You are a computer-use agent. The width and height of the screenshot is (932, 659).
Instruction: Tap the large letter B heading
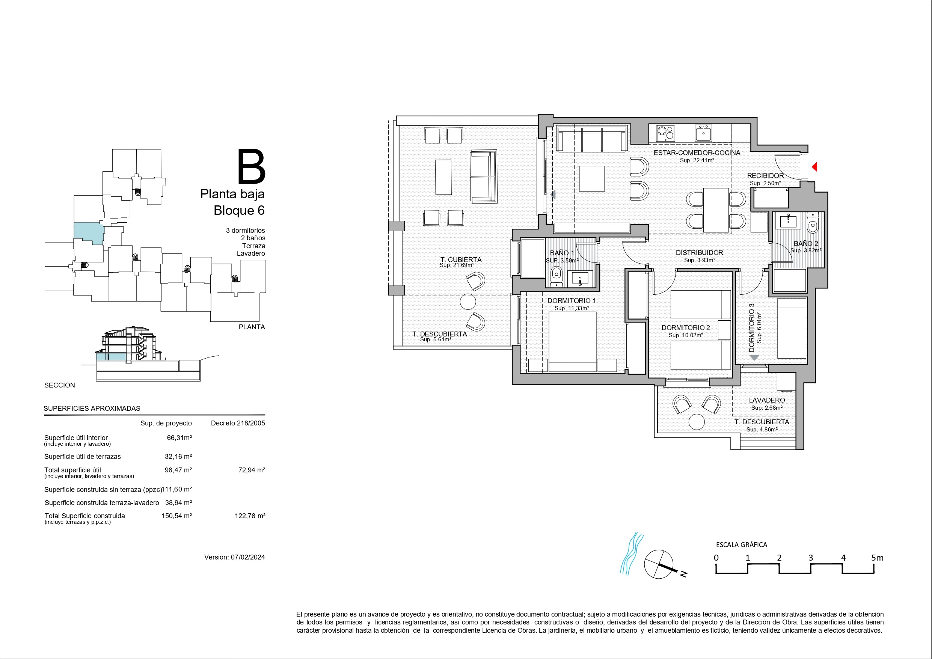(251, 166)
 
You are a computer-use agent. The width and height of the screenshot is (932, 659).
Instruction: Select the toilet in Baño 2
(812, 225)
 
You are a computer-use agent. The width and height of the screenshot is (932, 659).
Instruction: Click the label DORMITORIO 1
(572, 301)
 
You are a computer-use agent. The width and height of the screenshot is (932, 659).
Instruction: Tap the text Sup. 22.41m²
(697, 160)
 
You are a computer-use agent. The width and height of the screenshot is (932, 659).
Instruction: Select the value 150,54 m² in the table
(176, 516)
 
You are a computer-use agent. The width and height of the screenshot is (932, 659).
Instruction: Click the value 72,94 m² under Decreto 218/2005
(251, 470)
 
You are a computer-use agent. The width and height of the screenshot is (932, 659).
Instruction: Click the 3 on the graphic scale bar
(811, 558)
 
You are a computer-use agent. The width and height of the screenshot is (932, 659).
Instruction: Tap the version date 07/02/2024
(247, 558)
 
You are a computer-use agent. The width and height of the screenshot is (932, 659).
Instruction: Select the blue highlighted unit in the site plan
(89, 233)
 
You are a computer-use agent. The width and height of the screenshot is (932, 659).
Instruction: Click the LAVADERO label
(767, 400)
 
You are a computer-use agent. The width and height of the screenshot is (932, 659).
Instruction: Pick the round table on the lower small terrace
(697, 421)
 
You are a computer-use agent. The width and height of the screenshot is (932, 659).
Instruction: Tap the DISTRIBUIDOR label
(700, 253)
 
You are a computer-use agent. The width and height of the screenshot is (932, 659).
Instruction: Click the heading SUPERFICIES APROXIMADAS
(92, 409)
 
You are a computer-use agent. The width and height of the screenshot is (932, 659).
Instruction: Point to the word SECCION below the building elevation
(60, 385)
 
